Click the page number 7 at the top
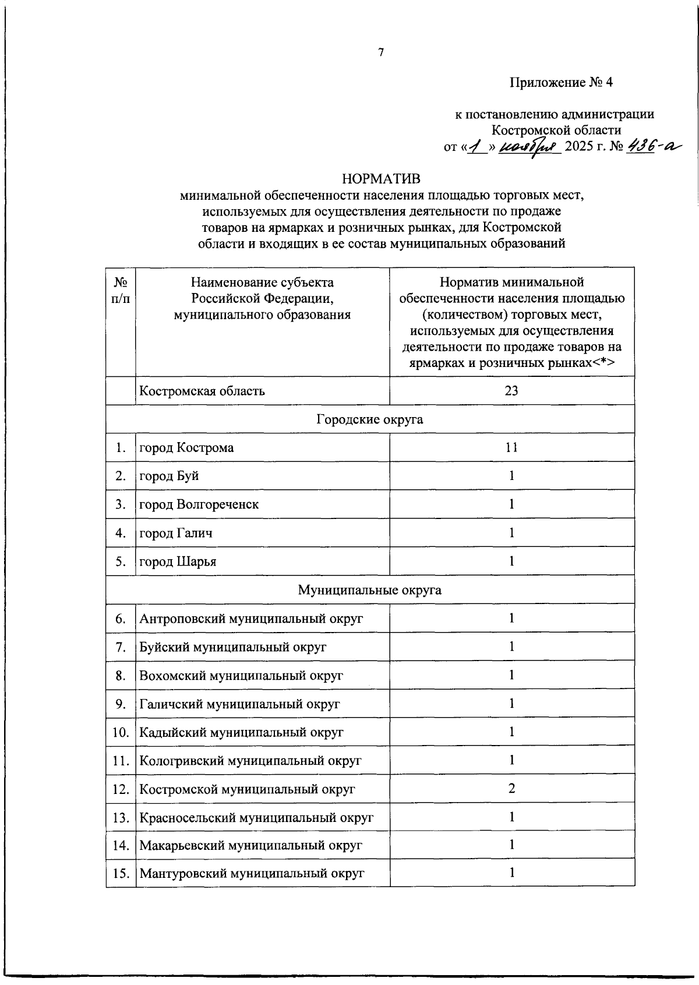point(381,52)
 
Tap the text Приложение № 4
point(562,82)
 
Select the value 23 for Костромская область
point(511,391)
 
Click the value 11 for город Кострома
point(511,447)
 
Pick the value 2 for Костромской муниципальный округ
point(511,789)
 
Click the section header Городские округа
point(370,419)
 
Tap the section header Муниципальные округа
point(370,590)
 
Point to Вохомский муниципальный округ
point(241,676)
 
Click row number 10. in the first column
point(121,732)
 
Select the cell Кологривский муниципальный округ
point(250,761)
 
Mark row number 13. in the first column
point(121,817)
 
